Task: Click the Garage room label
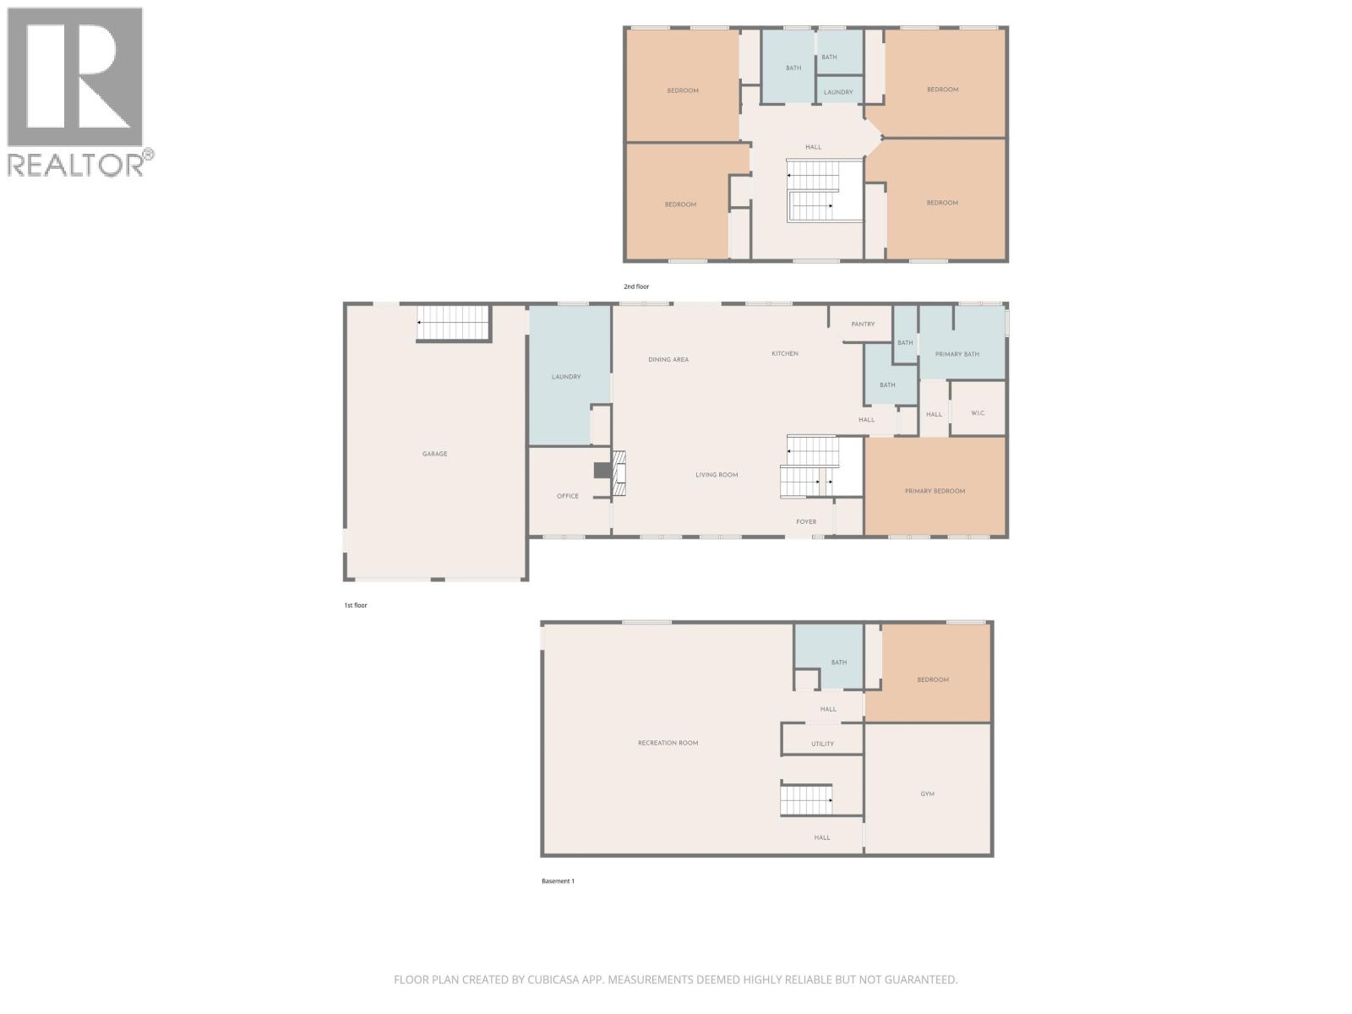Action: point(434,454)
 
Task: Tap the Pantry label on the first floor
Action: point(863,324)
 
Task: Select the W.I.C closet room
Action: point(978,413)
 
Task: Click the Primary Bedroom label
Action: point(935,491)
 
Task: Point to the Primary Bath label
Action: point(957,354)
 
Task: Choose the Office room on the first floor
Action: point(567,496)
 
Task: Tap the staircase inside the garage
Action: point(454,323)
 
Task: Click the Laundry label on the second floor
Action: point(838,92)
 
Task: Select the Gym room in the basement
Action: point(927,793)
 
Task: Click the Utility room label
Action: point(822,744)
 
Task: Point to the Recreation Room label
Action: point(668,743)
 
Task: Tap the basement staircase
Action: point(806,799)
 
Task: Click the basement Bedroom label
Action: point(933,679)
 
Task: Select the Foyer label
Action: point(806,521)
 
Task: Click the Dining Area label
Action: point(668,359)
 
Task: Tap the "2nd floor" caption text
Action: point(636,286)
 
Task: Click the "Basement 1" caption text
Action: point(558,881)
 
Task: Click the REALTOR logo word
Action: point(76,164)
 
